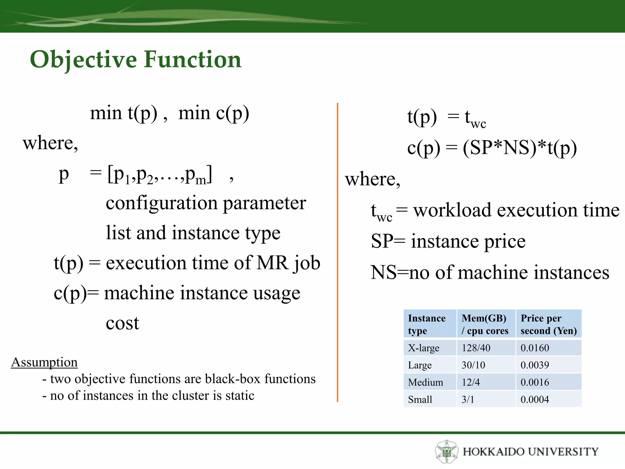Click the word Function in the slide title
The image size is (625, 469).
193,59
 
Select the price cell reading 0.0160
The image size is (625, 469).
535,348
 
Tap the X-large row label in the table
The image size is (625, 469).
424,348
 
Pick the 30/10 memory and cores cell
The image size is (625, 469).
473,365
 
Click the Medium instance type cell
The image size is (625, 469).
425,382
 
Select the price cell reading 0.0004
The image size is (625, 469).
535,399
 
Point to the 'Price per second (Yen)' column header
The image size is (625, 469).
548,324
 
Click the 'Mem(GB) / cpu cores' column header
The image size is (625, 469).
485,324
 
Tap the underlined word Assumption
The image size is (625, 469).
44,362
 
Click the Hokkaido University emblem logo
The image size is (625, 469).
446,451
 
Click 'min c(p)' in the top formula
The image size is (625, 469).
214,113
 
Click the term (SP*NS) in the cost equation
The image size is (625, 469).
500,148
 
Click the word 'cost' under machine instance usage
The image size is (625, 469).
122,323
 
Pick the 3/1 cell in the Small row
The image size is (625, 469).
468,399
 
